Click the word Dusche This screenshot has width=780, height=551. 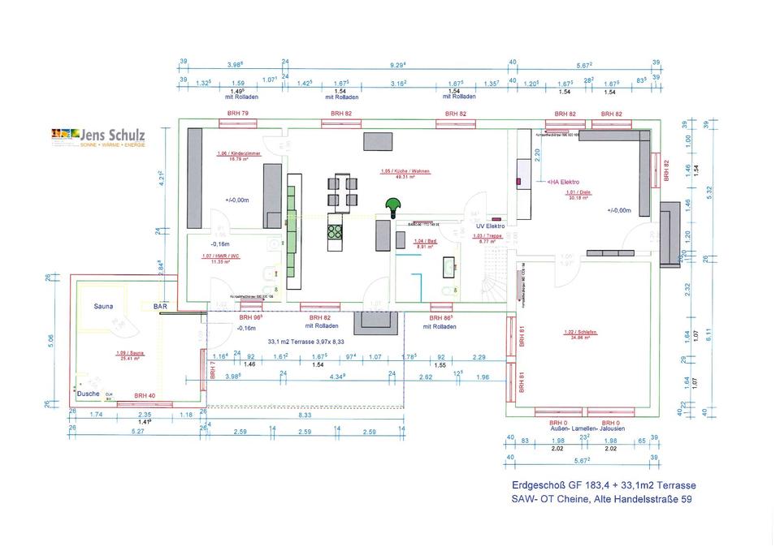click(88, 394)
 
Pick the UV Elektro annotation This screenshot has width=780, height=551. click(491, 226)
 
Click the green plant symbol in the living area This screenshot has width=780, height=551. click(393, 207)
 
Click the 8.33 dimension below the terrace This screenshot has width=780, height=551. click(305, 415)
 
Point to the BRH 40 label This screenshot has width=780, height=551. click(145, 395)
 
